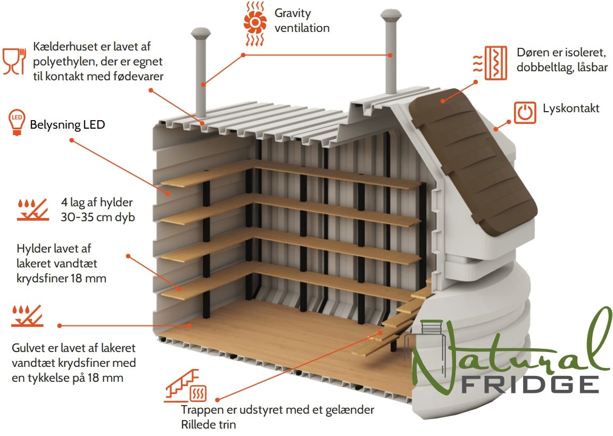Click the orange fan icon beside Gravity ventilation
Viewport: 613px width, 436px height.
(x=255, y=23)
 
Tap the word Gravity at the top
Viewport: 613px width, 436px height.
(x=293, y=14)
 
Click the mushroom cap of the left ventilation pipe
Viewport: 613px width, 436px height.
(x=201, y=33)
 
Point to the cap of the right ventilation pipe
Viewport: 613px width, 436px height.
(x=391, y=15)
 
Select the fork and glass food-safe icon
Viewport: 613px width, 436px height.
(x=14, y=61)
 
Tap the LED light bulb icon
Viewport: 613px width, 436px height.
(x=17, y=122)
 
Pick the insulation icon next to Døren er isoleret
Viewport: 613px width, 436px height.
(x=490, y=63)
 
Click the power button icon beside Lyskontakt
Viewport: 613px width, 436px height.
(x=525, y=113)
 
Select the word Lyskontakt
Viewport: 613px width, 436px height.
(x=571, y=108)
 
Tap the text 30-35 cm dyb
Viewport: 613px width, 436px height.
(x=98, y=217)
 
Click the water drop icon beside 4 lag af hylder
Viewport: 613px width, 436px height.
(x=33, y=210)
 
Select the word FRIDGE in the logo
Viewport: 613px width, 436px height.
(x=530, y=384)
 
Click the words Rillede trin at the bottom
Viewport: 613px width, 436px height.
(x=209, y=425)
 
